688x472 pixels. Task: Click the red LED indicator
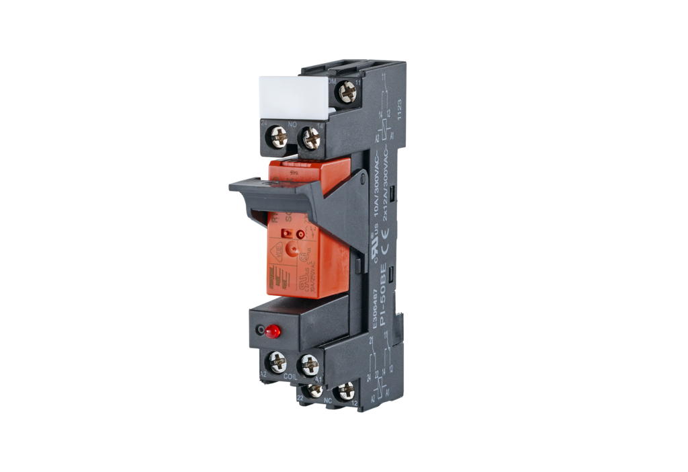point(272,331)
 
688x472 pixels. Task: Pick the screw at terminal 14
point(311,138)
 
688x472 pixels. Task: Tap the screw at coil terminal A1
point(309,364)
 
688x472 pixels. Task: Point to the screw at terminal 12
point(346,390)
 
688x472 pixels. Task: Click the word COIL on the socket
point(290,377)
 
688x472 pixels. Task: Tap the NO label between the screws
point(292,124)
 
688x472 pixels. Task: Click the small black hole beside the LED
point(259,331)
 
